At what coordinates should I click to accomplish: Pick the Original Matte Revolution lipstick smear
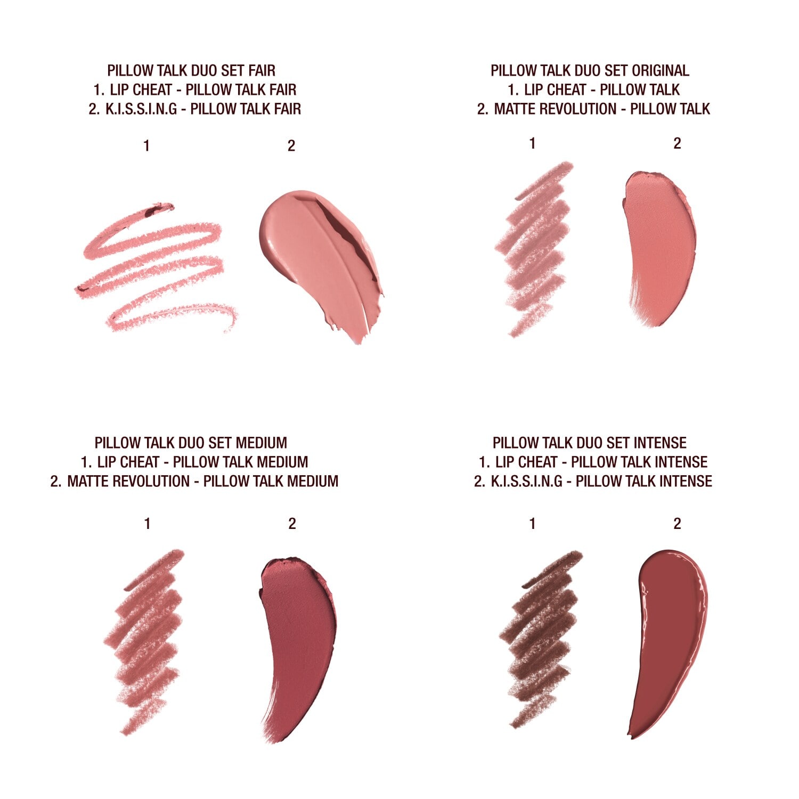(x=661, y=245)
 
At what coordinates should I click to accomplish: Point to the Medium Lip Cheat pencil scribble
(x=146, y=639)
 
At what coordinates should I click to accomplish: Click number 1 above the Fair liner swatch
(x=146, y=145)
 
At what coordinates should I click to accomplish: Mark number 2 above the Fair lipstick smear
(x=291, y=145)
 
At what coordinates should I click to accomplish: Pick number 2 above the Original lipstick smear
(x=677, y=143)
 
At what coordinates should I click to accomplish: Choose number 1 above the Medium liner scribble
(x=147, y=524)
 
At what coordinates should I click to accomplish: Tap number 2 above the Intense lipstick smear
(x=677, y=524)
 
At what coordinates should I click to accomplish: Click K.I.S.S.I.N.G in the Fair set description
(x=141, y=109)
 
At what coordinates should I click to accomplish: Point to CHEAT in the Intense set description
(x=535, y=462)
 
